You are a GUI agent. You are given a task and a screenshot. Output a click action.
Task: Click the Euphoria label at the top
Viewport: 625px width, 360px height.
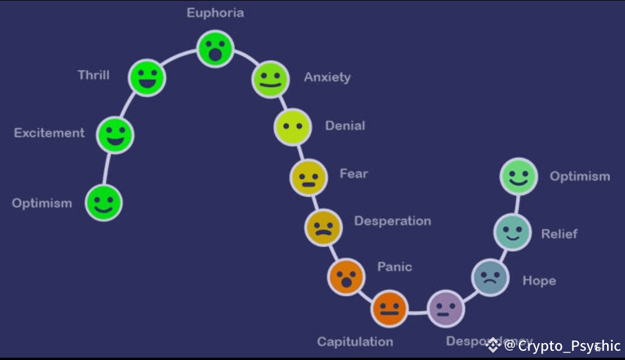click(x=215, y=13)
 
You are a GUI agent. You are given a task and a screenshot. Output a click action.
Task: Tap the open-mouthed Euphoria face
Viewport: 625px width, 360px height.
click(x=215, y=49)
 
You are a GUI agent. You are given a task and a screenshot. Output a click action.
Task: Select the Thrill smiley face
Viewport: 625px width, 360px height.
click(x=147, y=77)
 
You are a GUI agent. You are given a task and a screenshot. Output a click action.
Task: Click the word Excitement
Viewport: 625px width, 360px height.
click(x=49, y=133)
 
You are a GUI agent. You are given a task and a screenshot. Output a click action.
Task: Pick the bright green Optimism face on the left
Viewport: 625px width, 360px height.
click(x=104, y=203)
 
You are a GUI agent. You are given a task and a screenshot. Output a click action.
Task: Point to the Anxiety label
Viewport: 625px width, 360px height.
click(x=328, y=77)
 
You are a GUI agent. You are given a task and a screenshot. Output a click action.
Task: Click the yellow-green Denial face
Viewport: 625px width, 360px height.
click(x=293, y=127)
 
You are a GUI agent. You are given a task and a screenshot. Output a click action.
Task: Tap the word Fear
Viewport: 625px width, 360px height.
click(x=354, y=174)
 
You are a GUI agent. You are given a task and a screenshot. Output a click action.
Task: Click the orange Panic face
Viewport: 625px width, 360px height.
click(x=346, y=277)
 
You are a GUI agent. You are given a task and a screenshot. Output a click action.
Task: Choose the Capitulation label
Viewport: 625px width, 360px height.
click(x=355, y=341)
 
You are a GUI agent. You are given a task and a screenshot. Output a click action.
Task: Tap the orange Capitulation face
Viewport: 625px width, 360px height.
click(x=389, y=308)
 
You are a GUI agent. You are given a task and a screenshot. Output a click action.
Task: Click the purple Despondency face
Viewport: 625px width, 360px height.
click(x=446, y=308)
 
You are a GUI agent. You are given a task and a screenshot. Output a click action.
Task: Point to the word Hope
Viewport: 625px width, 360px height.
click(x=539, y=281)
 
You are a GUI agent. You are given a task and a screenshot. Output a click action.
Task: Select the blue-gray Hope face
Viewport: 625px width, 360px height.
click(x=490, y=277)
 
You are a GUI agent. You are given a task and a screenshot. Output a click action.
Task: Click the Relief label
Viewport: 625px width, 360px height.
click(x=559, y=234)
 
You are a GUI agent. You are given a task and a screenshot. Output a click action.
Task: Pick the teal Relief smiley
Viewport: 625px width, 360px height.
click(x=512, y=232)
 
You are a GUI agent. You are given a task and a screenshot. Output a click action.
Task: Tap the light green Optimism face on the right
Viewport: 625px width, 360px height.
click(x=519, y=177)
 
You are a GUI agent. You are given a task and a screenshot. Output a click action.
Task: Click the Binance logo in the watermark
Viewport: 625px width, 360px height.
click(x=493, y=346)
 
